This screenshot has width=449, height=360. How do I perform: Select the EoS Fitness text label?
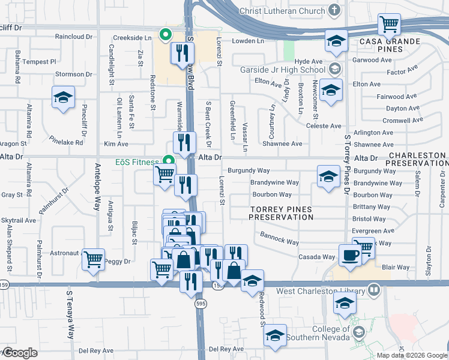[137, 162]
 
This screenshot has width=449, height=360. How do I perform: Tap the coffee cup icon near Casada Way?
[351, 254]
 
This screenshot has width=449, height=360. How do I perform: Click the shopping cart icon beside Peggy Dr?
[93, 259]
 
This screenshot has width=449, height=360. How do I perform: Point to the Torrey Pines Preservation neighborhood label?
[281, 213]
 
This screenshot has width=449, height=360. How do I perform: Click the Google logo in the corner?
[20, 353]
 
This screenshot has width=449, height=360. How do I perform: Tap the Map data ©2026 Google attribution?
[412, 355]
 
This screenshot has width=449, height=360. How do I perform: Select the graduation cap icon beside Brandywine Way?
[328, 176]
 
